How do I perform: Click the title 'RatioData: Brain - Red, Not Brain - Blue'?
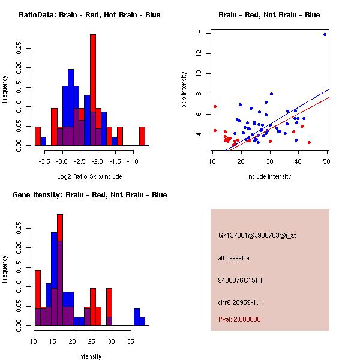click(89, 15)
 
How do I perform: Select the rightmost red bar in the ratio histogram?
click(142, 136)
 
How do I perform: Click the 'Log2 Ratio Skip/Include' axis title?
click(89, 176)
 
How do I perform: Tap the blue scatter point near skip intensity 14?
click(325, 34)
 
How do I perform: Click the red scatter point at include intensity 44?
click(309, 142)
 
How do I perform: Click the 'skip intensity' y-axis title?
click(185, 90)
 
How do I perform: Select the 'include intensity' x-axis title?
click(269, 176)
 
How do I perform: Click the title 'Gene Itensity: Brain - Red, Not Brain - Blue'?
click(89, 195)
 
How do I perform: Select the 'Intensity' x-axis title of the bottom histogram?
click(89, 356)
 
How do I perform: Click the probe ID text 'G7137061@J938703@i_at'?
click(257, 235)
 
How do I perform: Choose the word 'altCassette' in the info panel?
click(233, 258)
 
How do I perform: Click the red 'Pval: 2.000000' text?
click(239, 319)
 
